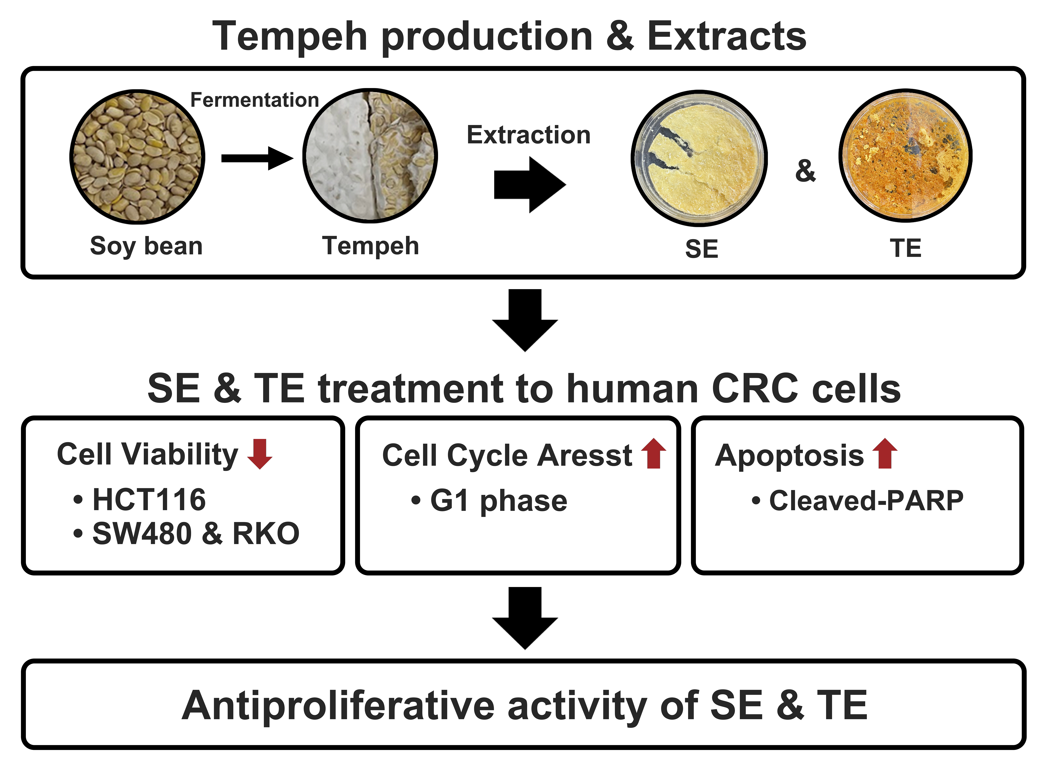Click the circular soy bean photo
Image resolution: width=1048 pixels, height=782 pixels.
click(137, 157)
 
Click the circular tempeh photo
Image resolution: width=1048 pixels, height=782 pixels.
click(370, 156)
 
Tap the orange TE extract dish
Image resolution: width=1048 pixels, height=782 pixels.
click(905, 156)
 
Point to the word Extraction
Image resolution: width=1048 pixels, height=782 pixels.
click(529, 135)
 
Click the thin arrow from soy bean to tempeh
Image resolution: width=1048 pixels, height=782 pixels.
click(257, 158)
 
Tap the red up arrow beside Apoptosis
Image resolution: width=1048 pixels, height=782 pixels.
click(885, 453)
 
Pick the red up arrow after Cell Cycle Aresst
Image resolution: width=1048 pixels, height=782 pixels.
click(654, 453)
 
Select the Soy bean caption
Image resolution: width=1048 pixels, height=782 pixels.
click(146, 246)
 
